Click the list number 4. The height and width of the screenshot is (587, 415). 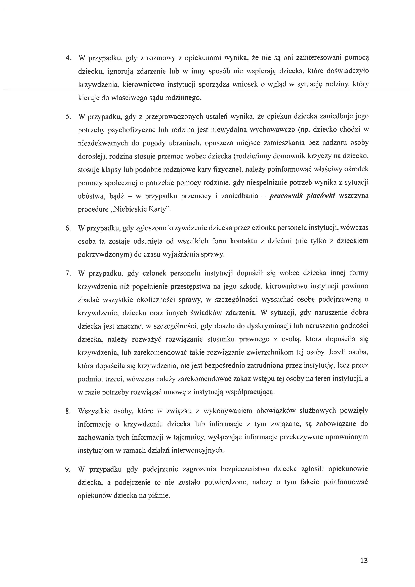[68, 58]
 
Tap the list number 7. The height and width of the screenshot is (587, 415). [68, 273]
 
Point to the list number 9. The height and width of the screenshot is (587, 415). [68, 469]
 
